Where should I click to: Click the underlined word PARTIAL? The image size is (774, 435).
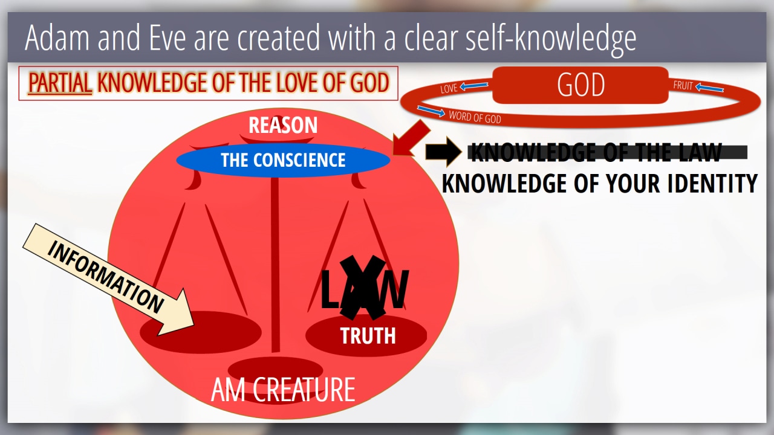[60, 83]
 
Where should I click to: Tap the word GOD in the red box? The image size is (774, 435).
[581, 85]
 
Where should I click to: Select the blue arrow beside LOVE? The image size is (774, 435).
[473, 86]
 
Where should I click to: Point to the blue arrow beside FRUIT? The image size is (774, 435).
[709, 88]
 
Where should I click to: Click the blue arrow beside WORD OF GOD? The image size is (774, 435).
[431, 111]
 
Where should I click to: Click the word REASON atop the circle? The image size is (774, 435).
[283, 125]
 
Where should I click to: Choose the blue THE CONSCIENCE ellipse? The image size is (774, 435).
[283, 160]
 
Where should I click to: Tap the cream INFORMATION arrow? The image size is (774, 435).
[109, 280]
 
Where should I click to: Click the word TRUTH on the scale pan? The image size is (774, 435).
[368, 335]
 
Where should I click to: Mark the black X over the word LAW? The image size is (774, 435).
[362, 287]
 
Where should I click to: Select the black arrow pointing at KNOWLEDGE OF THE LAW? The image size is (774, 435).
[443, 152]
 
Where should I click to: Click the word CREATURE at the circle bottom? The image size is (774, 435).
[304, 390]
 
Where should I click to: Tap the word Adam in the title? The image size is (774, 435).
[57, 37]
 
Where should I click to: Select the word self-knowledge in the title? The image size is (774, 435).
[550, 39]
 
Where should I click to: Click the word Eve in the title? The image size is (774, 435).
[167, 37]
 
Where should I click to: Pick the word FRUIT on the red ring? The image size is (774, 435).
[683, 85]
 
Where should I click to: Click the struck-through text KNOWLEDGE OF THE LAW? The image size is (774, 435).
[597, 152]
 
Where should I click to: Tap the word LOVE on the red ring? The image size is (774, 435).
[449, 89]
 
